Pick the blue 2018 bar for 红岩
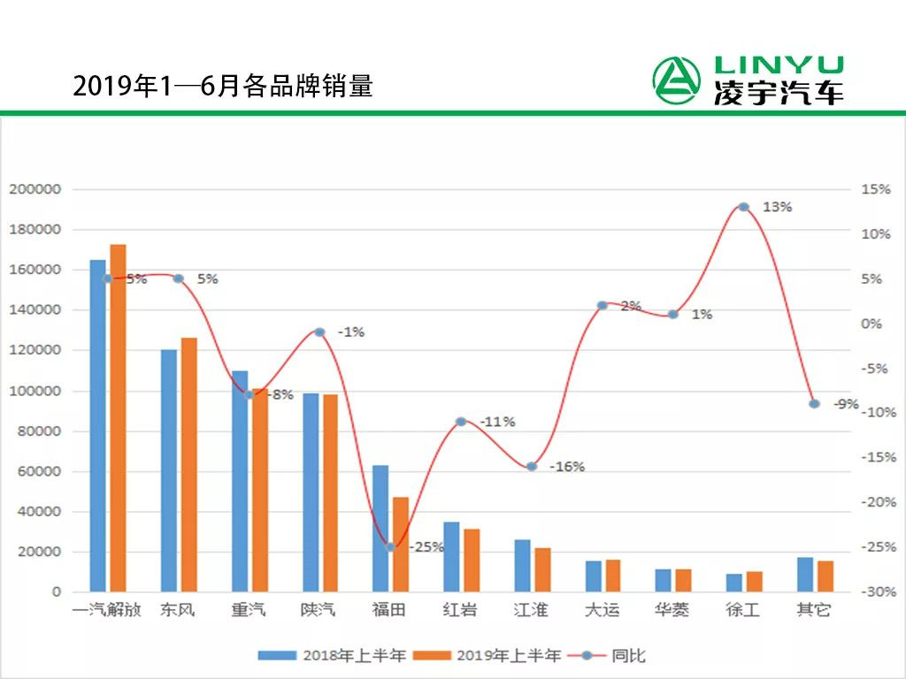[451, 556]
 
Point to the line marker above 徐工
[743, 207]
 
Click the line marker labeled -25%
[390, 547]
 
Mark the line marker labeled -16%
[532, 466]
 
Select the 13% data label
[777, 207]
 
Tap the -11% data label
[497, 422]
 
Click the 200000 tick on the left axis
[35, 189]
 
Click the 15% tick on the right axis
[876, 189]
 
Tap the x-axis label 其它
[814, 610]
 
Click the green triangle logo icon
[677, 80]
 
